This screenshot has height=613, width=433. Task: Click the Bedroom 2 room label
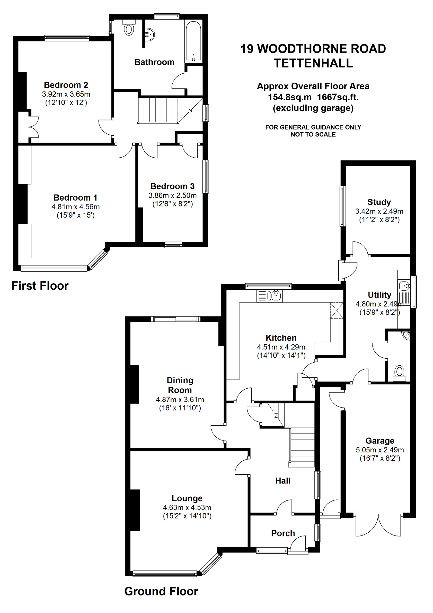66,85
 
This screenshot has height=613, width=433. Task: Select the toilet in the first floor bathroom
129,28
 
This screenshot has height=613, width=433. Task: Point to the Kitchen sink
269,296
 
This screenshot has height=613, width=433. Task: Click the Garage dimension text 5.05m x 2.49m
380,450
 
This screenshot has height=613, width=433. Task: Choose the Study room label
379,202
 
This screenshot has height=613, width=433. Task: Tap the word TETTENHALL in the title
313,63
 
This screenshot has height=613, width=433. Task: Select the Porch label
283,533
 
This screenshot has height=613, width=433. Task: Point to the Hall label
283,480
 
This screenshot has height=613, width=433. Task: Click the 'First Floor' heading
40,286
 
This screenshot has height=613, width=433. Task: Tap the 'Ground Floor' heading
161,591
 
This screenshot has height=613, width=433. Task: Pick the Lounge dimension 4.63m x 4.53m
187,507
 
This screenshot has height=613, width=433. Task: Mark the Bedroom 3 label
172,186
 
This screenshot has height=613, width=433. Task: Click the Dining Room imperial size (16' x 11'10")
180,408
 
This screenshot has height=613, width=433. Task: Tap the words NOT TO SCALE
313,134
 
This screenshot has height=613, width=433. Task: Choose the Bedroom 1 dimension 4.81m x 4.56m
76,207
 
